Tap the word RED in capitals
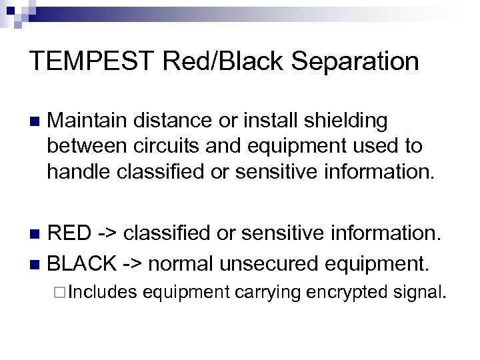(x=71, y=234)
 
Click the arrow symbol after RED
(x=109, y=234)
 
